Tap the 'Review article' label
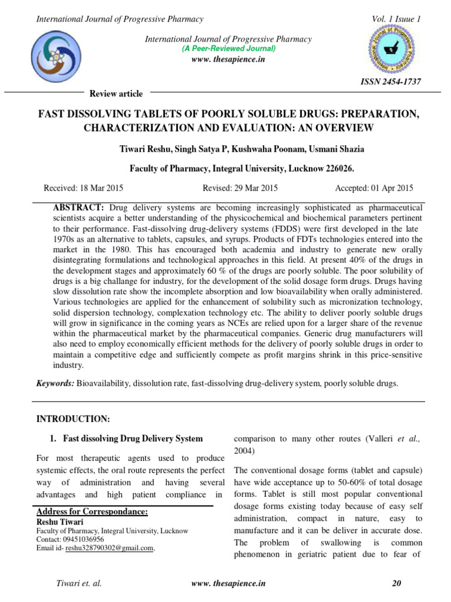point(116,94)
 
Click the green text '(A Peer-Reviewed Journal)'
point(228,48)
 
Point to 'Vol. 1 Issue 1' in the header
point(396,19)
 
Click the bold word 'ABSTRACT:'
point(79,208)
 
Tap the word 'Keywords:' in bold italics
point(55,383)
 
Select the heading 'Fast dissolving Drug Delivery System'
point(133,439)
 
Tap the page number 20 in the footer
point(396,584)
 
